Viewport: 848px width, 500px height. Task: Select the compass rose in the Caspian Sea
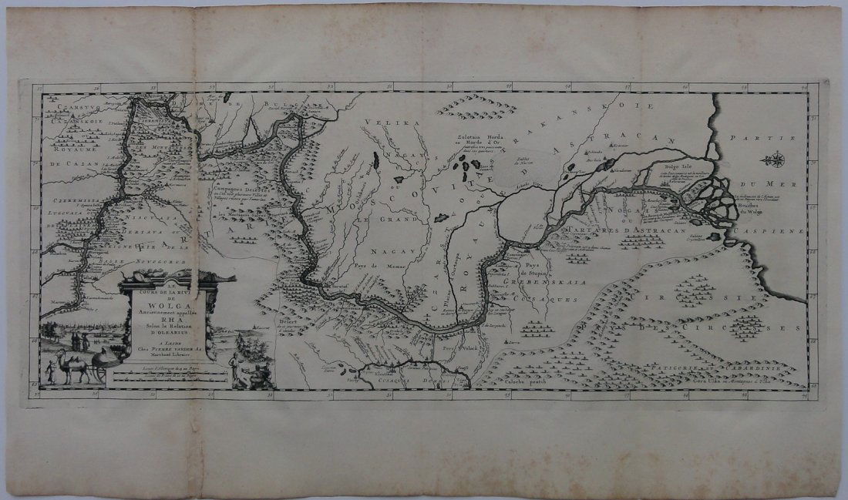[x=773, y=160]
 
